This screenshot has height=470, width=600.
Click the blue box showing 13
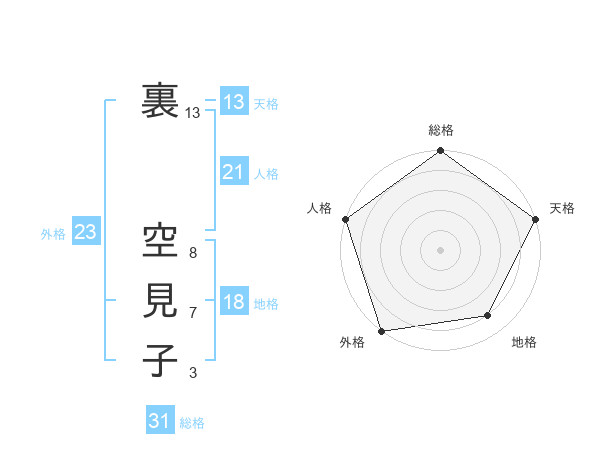[x=234, y=102]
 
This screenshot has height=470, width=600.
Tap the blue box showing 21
[x=234, y=172]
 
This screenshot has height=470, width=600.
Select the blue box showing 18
[x=234, y=302]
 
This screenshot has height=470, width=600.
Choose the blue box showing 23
[x=85, y=233]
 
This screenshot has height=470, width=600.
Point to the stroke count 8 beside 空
[x=192, y=254]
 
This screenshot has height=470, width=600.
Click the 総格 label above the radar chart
[x=440, y=131]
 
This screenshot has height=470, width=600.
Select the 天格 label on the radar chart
[x=562, y=208]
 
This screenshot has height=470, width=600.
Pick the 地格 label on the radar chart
[x=524, y=342]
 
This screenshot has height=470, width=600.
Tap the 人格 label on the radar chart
[x=319, y=208]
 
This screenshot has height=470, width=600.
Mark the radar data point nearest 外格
[x=382, y=331]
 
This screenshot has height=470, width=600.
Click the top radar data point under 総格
[x=440, y=153]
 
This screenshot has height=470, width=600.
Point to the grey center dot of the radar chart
[x=440, y=249]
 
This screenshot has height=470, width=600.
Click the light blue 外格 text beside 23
[x=53, y=234]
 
